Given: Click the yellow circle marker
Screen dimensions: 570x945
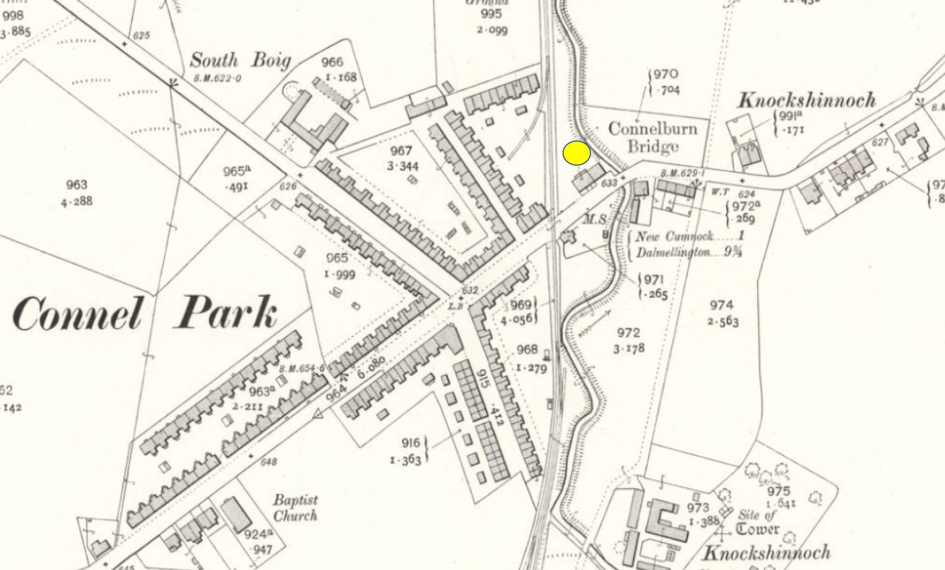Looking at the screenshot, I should click(x=577, y=153).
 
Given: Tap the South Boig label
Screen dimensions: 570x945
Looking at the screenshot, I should click(x=240, y=60).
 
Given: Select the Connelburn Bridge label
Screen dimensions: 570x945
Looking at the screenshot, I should click(x=652, y=137).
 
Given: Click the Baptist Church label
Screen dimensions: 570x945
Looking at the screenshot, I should click(x=295, y=508).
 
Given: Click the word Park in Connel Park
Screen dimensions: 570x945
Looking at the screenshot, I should click(x=226, y=313).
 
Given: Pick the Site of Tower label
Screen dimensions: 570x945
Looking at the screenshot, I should click(x=758, y=522).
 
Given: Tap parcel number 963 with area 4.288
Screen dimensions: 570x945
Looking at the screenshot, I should click(x=76, y=193).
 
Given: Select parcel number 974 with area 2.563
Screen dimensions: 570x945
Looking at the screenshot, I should click(x=722, y=313).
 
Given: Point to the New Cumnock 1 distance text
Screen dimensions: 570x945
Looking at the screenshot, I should click(x=689, y=236).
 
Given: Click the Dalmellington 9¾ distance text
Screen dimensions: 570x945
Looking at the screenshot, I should click(x=689, y=253).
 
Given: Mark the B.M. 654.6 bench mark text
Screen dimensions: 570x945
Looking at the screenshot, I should click(x=301, y=369).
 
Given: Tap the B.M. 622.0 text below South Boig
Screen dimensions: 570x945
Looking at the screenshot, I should click(x=217, y=78).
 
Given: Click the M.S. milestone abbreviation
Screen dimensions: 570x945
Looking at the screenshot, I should click(x=595, y=219).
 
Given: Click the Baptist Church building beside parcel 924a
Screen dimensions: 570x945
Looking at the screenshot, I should click(x=236, y=514).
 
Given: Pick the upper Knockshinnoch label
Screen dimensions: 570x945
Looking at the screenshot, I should click(x=807, y=100).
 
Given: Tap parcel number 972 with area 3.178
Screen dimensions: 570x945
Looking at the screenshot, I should click(x=628, y=340).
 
